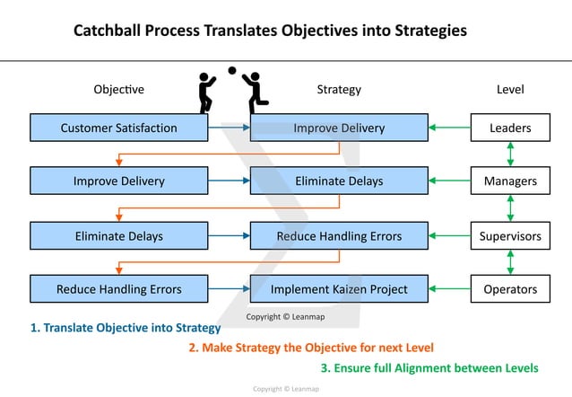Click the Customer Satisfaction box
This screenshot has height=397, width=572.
118,128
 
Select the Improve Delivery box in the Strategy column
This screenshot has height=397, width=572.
339,128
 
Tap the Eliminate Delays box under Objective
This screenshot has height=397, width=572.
118,236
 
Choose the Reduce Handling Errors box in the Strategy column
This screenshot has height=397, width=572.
339,236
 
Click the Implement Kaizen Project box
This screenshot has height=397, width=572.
339,289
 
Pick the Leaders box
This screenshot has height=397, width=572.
510,128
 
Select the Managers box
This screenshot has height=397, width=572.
510,181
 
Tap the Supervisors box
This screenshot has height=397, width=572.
510,236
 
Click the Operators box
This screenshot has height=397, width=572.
510,289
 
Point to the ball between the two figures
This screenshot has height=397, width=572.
232,70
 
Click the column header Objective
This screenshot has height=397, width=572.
118,90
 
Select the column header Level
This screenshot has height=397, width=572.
510,90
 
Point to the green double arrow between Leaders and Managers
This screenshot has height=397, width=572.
510,154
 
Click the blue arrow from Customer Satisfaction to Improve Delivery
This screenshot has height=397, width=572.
229,128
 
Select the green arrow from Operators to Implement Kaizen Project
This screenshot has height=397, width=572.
450,289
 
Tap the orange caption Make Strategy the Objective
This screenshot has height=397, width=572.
311,348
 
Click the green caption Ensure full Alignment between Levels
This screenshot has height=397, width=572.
429,368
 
